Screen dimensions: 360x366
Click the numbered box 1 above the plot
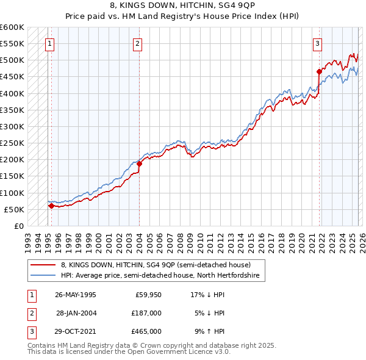click(x=49, y=43)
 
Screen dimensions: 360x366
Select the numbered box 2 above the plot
click(x=138, y=43)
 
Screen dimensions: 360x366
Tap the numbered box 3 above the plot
click(x=318, y=43)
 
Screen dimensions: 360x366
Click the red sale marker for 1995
click(x=51, y=206)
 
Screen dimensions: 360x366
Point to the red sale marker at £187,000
click(x=139, y=164)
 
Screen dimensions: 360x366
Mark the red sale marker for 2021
click(x=319, y=71)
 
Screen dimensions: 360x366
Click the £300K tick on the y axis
click(x=13, y=127)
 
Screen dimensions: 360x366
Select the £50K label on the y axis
click(x=15, y=209)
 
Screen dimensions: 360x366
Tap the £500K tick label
click(x=13, y=60)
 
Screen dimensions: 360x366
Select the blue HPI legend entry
click(x=160, y=276)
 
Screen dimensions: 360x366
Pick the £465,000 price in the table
click(x=146, y=331)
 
